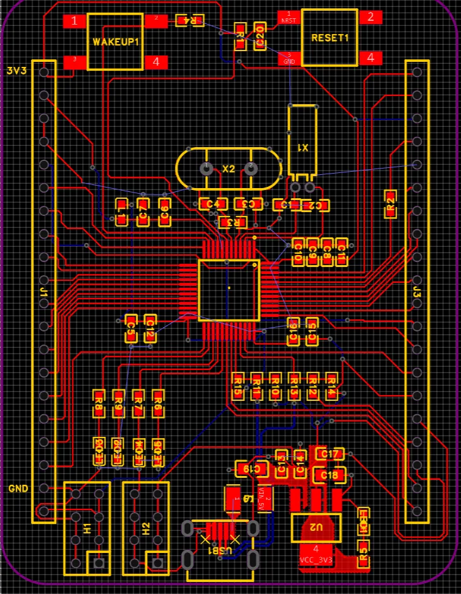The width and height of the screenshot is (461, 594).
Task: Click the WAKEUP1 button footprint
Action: [x=115, y=42]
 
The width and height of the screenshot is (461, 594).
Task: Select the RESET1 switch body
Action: [x=330, y=37]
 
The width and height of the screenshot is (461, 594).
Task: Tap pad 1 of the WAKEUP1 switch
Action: [x=75, y=21]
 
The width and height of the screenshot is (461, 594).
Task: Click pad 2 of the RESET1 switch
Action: [x=371, y=17]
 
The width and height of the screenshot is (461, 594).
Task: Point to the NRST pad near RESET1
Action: [x=289, y=16]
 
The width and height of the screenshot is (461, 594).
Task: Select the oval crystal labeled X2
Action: [x=228, y=169]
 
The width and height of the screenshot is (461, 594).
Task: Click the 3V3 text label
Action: [x=16, y=71]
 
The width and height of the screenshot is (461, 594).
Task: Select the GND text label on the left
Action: [x=18, y=489]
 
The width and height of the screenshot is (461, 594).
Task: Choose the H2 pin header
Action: [x=146, y=528]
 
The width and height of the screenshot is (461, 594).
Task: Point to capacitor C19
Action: [x=248, y=469]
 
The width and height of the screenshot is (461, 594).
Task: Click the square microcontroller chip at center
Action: [x=229, y=290]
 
